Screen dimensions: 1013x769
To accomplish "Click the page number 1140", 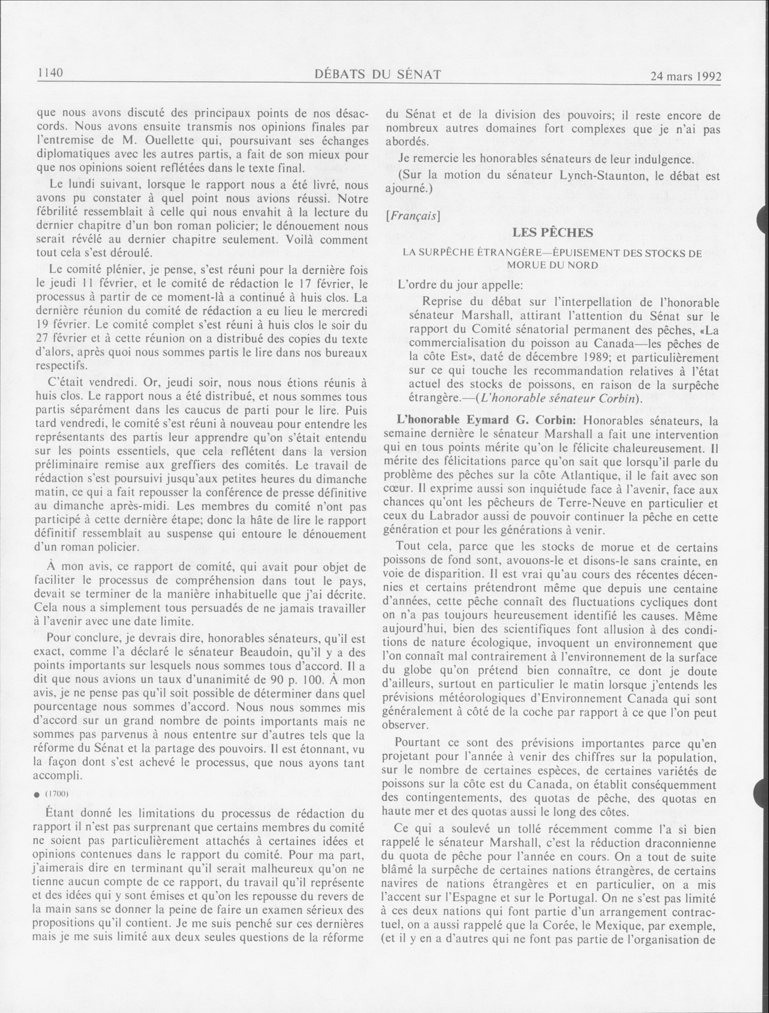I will click(50, 73).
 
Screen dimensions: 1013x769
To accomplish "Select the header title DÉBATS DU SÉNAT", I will click(379, 74).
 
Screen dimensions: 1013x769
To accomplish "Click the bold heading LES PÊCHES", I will click(553, 232).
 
